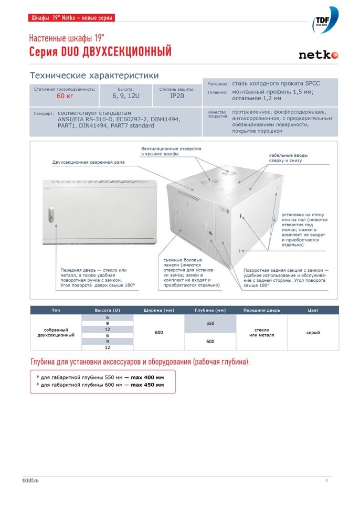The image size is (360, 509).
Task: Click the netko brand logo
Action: [x=318, y=55]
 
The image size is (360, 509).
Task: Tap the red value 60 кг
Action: [x=65, y=96]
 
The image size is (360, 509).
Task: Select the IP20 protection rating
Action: [x=177, y=96]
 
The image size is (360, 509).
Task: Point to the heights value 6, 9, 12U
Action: [x=126, y=96]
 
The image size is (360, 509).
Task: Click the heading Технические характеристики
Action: [x=94, y=76]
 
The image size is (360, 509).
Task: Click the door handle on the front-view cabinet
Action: [x=50, y=215]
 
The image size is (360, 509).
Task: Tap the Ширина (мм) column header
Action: [x=158, y=310]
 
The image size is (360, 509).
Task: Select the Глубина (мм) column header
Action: [x=210, y=310]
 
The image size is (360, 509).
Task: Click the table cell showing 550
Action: [x=210, y=323]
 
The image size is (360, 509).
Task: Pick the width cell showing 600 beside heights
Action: [x=158, y=332]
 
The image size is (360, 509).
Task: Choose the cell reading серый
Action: [x=313, y=332]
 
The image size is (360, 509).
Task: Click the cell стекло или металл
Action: [x=261, y=332]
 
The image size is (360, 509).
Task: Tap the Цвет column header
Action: [x=313, y=310]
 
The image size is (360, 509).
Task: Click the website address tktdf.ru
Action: [x=31, y=480]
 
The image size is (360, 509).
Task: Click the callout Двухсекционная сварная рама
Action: [x=88, y=162]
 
